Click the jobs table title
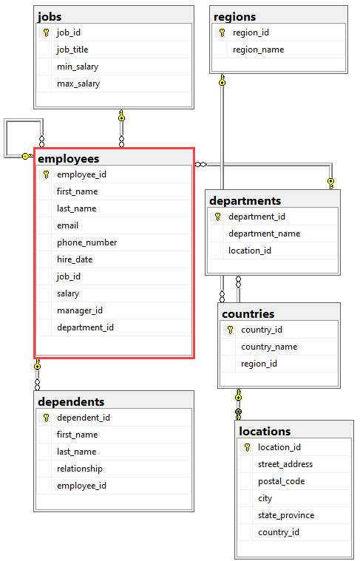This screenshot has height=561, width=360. coord(50,17)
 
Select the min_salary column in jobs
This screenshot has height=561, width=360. coord(78,67)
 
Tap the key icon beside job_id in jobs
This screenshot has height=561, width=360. coord(46,33)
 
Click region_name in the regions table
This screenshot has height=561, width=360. coord(259,50)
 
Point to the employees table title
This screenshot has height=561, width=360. coord(68,159)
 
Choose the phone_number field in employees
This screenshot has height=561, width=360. coord(87,242)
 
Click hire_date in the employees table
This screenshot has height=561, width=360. coord(75,259)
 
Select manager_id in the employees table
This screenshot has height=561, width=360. coord(80,310)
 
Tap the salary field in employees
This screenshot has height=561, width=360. coord(68,293)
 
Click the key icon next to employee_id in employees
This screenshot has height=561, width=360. coord(46,174)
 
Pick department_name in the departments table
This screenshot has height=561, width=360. coord(265,234)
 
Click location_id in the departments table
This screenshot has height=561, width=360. coord(250,251)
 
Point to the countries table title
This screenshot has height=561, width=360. coord(248,314)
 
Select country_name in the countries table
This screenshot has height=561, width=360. coord(269,347)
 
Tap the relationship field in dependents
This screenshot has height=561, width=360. coord(80,469)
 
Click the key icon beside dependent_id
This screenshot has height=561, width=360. coord(46,418)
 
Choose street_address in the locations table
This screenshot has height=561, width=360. coord(285,464)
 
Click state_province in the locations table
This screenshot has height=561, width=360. coord(286,516)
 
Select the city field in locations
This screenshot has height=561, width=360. coord(265,498)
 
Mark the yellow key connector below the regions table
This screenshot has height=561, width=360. coord(223,80)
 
